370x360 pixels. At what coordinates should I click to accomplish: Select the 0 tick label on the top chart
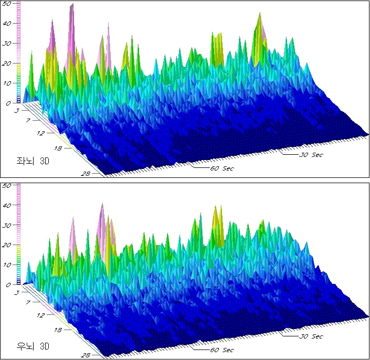coord(8,103)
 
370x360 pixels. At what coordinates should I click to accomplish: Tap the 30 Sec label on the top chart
coord(312,154)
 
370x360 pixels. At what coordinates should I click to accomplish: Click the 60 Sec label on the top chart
coord(222,168)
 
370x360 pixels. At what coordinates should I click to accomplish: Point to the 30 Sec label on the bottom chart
coord(312,336)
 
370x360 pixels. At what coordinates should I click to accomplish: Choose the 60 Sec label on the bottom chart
coord(222,350)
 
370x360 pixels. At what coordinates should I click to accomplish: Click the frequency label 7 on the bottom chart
coord(30,302)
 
